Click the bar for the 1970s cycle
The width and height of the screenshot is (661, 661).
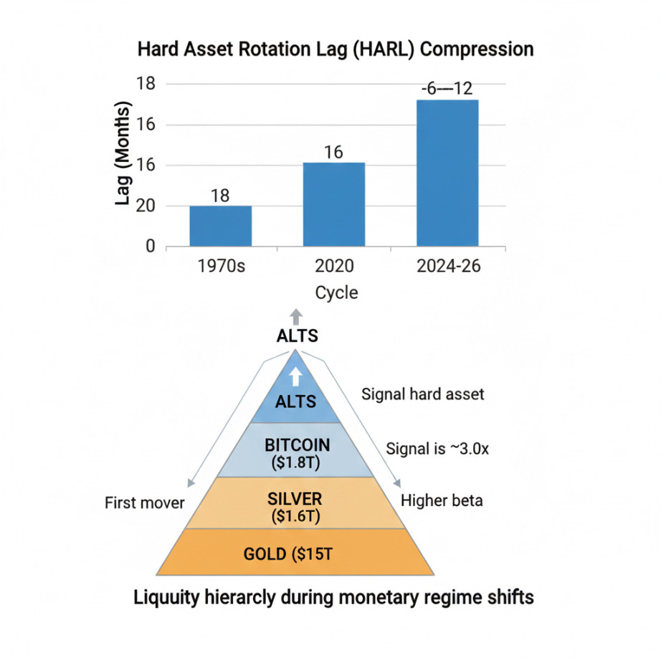pos(221,226)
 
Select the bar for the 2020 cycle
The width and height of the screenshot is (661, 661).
pos(333,204)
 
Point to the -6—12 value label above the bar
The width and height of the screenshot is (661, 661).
pos(447,90)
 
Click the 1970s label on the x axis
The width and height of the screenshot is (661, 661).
pos(221,267)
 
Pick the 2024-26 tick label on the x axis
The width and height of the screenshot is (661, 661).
pos(448,267)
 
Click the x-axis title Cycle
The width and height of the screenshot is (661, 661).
pos(336,293)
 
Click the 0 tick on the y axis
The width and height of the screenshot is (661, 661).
pos(150,247)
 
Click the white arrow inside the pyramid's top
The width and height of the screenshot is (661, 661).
pos(296,378)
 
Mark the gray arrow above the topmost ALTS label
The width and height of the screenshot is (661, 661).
pos(297,318)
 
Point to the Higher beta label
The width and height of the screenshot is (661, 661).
pos(442,500)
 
